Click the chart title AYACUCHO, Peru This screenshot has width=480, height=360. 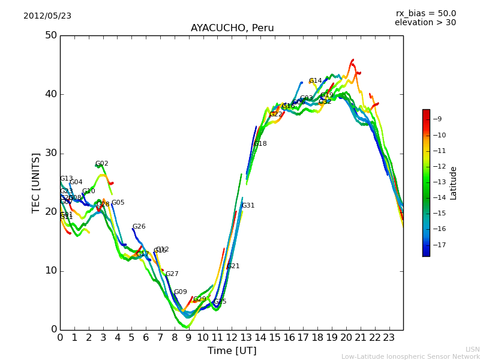(x=232, y=28)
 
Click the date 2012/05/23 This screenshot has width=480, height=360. (x=47, y=16)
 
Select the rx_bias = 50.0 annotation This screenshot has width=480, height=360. (x=425, y=14)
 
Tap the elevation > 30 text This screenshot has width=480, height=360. (x=425, y=23)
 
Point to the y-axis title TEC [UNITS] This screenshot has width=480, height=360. (x=36, y=182)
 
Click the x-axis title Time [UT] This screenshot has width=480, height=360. (x=232, y=351)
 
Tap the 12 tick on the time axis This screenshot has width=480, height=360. (x=232, y=338)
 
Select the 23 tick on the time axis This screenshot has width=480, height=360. (x=389, y=338)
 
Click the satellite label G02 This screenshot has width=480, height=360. (x=102, y=164)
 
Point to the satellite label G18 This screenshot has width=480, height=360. (x=260, y=144)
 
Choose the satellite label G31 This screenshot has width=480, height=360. (x=248, y=206)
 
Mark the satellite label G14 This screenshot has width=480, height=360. (x=316, y=81)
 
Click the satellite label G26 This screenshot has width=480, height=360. (x=139, y=227)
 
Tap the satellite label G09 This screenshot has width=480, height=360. (x=181, y=292)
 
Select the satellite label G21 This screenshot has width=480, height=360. (x=233, y=266)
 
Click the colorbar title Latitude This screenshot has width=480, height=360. (x=454, y=183)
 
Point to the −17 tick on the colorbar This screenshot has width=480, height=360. (x=439, y=245)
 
